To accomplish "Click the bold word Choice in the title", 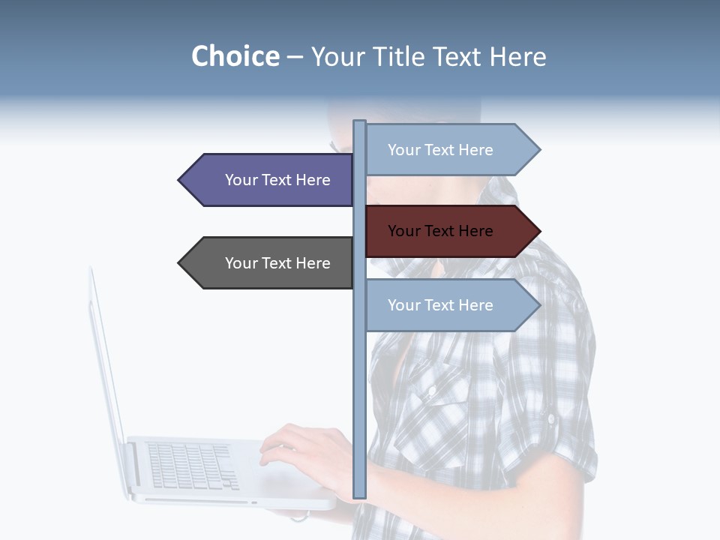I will (x=235, y=56).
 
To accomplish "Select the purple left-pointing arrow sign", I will (x=270, y=180).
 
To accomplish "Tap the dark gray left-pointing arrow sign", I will (x=270, y=263).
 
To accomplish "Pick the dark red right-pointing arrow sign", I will (x=450, y=231).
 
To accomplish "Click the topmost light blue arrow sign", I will (x=450, y=150).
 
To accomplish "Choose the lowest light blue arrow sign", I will (x=450, y=305).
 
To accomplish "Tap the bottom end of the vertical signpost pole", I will (x=360, y=495).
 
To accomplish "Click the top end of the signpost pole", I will (x=360, y=123).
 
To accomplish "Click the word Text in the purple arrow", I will (x=278, y=180).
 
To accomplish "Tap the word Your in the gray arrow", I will (x=241, y=263).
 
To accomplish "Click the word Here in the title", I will (x=517, y=56).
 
